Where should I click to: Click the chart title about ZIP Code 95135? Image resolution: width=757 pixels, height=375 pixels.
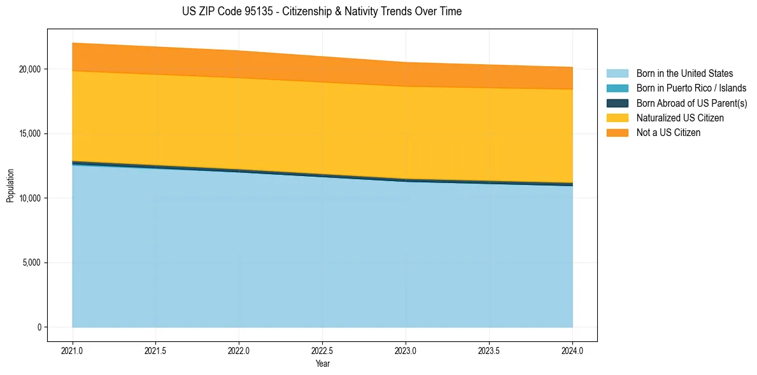322,11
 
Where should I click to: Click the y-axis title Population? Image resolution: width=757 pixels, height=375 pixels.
10,186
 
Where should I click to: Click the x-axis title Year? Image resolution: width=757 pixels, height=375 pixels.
322,364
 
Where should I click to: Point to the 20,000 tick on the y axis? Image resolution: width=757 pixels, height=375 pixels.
31,69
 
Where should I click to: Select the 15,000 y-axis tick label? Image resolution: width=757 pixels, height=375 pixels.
31,133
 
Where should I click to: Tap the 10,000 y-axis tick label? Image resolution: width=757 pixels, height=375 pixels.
31,198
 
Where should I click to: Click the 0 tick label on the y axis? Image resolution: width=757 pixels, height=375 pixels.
39,327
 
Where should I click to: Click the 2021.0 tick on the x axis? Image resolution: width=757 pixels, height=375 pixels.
72,350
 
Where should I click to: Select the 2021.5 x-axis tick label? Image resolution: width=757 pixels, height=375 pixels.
155,350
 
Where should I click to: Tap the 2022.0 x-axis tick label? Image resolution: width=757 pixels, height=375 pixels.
239,350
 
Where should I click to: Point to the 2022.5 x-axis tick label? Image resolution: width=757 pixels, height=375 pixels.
322,350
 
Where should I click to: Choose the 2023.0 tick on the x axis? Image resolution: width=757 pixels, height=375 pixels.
406,350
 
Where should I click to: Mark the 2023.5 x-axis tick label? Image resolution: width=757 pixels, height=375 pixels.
489,350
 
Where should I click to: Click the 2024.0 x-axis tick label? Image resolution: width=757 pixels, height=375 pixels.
572,350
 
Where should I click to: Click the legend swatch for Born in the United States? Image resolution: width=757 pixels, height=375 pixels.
617,74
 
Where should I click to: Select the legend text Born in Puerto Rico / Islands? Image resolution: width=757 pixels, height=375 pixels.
691,88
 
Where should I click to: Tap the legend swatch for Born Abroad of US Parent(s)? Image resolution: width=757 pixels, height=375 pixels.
617,103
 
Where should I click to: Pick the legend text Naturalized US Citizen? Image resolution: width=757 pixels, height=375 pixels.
680,118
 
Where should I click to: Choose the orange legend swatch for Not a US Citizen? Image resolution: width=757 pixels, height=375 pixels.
617,133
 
